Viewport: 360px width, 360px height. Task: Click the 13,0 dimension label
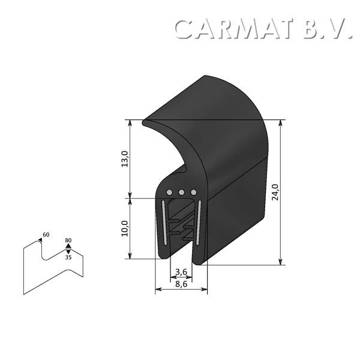point(125,160)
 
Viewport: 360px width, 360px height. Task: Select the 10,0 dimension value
point(125,229)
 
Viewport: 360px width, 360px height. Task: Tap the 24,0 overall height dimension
point(275,192)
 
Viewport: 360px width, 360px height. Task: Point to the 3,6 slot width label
point(181,273)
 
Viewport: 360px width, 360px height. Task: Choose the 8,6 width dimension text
point(181,284)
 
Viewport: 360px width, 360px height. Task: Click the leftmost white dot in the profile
point(170,192)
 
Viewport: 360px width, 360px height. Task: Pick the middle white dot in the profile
point(181,192)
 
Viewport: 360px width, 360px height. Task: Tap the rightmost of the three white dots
point(193,192)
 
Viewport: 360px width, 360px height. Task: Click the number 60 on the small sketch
point(46,235)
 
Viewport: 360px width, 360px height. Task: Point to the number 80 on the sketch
point(68,241)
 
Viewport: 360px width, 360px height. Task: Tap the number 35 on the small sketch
point(68,257)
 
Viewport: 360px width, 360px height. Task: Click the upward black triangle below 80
point(68,246)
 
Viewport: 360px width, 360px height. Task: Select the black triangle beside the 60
point(40,239)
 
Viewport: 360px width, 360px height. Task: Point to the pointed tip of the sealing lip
point(145,123)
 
